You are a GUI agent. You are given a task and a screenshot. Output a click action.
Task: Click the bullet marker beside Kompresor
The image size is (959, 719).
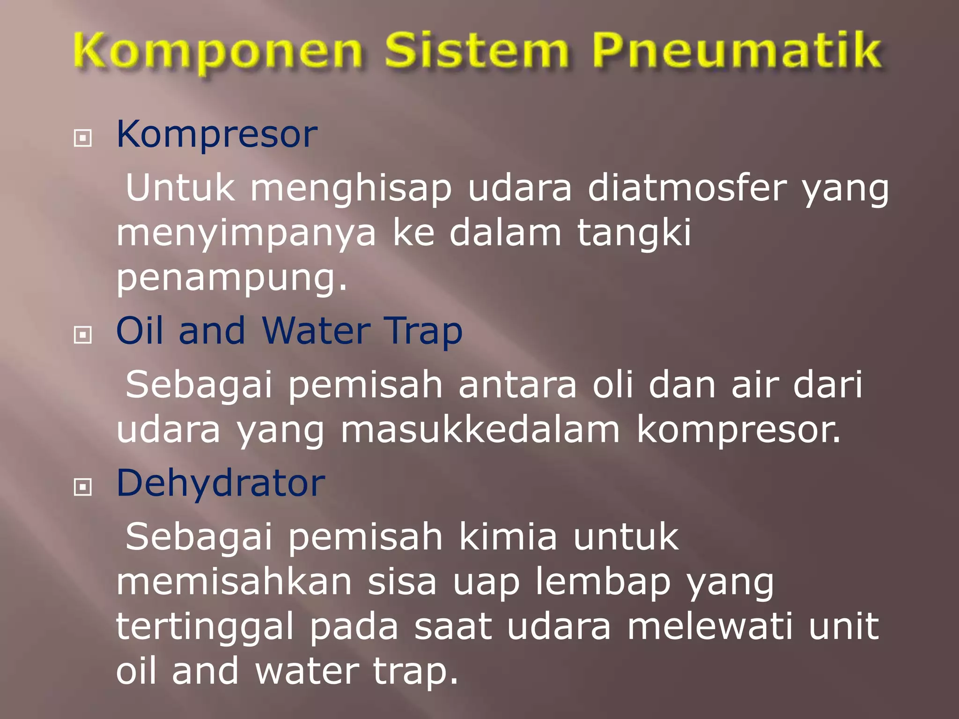(x=83, y=138)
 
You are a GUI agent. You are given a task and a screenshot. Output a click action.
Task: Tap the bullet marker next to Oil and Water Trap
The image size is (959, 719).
(x=83, y=335)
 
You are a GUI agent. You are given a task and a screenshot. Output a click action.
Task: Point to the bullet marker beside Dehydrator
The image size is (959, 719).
(x=83, y=487)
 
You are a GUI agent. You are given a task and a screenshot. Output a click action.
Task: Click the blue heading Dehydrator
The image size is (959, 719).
(x=221, y=483)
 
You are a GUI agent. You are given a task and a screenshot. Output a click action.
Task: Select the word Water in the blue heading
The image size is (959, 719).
(x=316, y=331)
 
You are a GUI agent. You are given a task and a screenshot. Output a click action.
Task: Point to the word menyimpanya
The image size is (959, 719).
(x=246, y=234)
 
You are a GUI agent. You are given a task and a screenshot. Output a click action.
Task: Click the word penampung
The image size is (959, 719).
(x=231, y=279)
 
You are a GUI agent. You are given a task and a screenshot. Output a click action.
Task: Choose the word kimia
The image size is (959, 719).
(x=508, y=537)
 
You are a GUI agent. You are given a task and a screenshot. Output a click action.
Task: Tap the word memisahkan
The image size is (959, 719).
(x=234, y=582)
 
